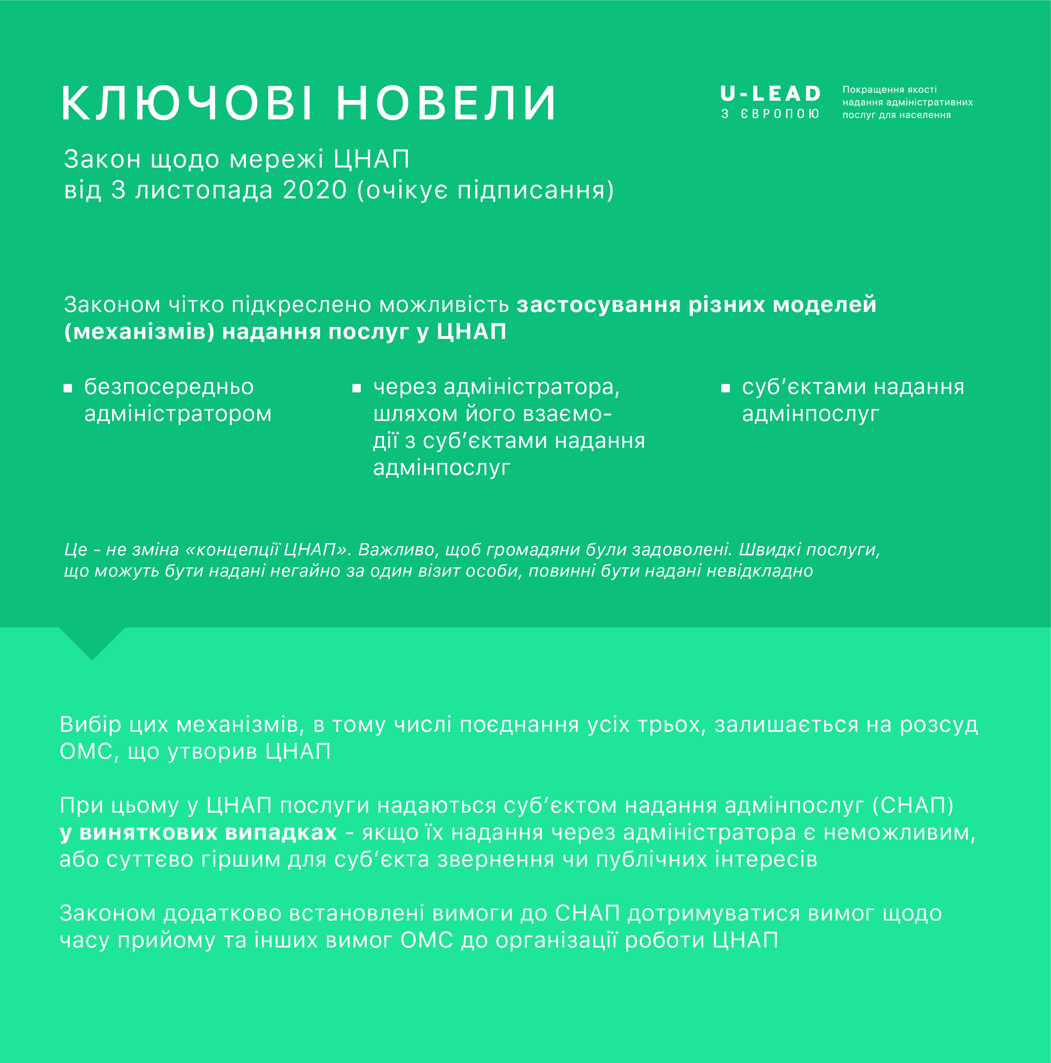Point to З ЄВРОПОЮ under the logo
click(x=770, y=114)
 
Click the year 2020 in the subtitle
click(x=315, y=190)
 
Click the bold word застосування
click(x=599, y=304)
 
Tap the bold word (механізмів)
click(x=139, y=332)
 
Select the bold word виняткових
click(x=148, y=832)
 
